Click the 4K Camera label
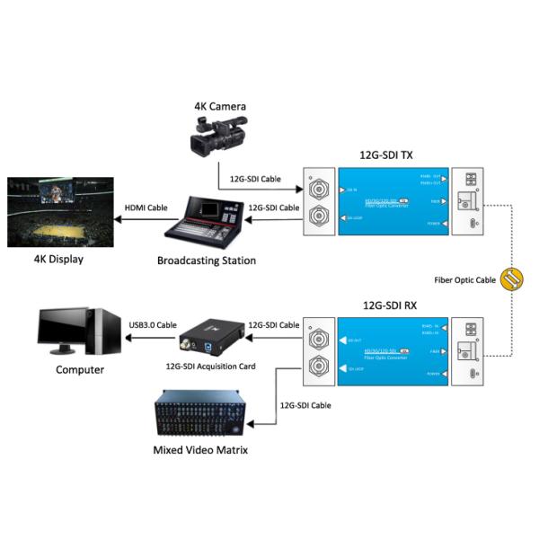click(219, 107)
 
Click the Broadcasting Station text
click(206, 261)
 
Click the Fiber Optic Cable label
click(464, 280)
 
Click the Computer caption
click(79, 369)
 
